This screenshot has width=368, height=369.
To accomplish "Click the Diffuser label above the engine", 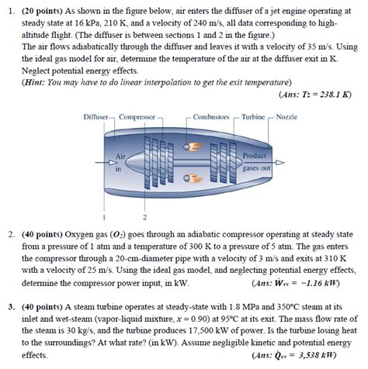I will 98,117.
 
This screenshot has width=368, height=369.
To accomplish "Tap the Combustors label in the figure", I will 211,117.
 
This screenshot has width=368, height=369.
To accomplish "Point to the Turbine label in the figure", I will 253,117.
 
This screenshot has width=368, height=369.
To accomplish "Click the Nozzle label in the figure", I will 286,117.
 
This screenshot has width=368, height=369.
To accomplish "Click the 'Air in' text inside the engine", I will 120,160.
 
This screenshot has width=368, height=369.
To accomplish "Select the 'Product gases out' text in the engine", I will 255,160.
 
